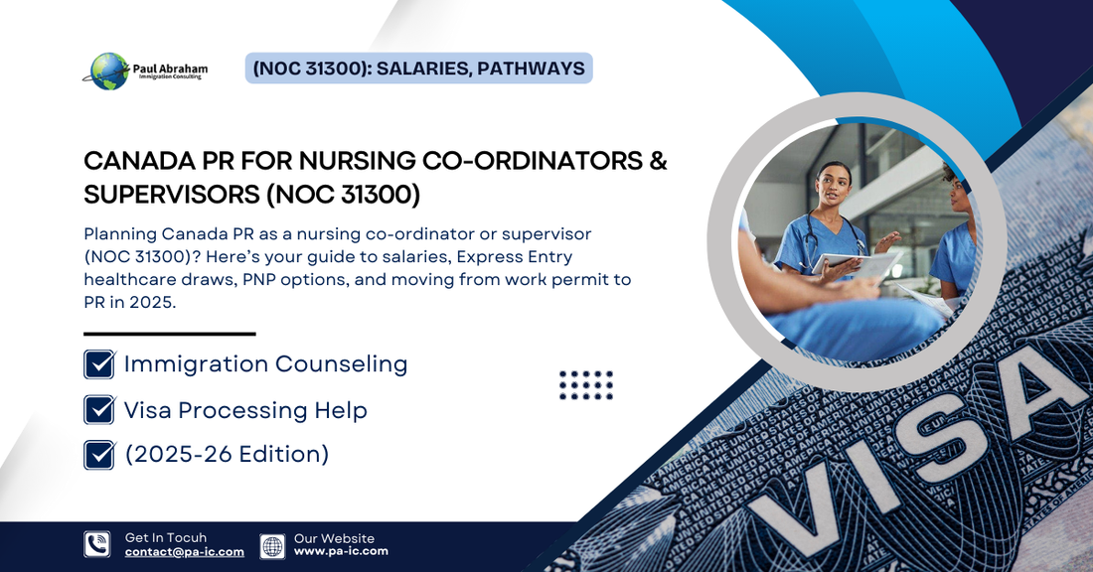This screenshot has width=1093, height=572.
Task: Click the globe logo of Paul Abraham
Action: click(x=109, y=71)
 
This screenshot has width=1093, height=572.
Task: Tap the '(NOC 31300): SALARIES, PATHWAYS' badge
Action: click(x=418, y=68)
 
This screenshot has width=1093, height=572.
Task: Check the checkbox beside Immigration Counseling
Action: click(x=99, y=364)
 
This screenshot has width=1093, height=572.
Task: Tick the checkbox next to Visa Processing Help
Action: click(x=99, y=410)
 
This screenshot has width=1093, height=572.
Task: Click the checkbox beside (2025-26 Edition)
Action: click(x=99, y=455)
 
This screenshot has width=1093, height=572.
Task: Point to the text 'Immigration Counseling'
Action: click(x=265, y=364)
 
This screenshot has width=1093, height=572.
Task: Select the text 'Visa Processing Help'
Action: click(x=244, y=410)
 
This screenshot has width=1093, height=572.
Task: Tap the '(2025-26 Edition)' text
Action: click(x=227, y=455)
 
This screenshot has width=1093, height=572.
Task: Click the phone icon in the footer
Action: click(x=97, y=544)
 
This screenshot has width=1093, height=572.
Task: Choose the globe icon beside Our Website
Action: click(x=272, y=545)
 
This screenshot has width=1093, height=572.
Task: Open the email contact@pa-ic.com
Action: click(x=185, y=552)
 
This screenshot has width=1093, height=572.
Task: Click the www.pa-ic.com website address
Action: click(x=341, y=551)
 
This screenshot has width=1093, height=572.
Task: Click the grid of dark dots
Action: click(x=586, y=385)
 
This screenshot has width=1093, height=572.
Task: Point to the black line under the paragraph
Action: click(x=170, y=334)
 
